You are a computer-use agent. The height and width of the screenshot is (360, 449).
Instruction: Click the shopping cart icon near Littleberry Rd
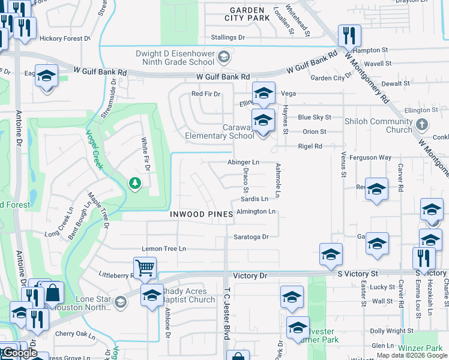pyautogui.click(x=145, y=268)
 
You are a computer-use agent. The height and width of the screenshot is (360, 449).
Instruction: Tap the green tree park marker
pyautogui.click(x=135, y=183)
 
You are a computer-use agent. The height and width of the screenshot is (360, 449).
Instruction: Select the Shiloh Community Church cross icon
pyautogui.click(x=422, y=125)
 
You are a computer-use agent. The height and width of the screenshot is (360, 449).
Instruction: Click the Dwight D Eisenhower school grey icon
pyautogui.click(x=224, y=58)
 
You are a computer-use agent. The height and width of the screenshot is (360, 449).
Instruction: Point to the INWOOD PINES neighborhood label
pyautogui.click(x=201, y=214)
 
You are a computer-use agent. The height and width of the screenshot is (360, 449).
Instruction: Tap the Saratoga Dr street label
pyautogui.click(x=251, y=237)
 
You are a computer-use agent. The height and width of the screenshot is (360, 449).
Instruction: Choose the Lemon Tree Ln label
pyautogui.click(x=164, y=248)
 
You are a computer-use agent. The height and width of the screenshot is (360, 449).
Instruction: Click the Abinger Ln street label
pyautogui.click(x=243, y=162)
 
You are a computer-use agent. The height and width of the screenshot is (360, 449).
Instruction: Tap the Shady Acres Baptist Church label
pyautogui.click(x=188, y=296)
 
